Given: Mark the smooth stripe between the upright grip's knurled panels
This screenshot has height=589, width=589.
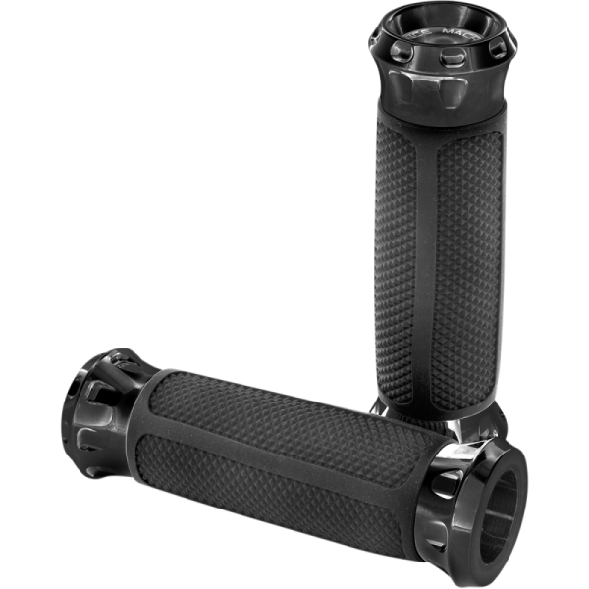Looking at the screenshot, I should pos(428,265).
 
